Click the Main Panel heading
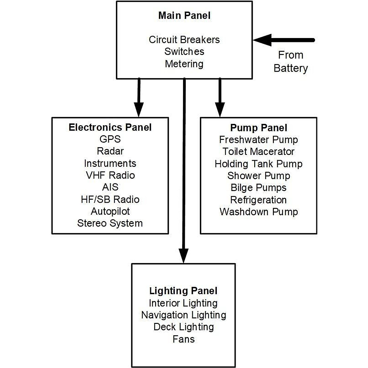(184, 16)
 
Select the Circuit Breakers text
(184, 40)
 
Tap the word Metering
(184, 64)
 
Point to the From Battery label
(290, 61)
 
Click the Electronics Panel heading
(110, 127)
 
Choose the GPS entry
(110, 139)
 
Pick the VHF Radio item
(110, 175)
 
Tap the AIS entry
(110, 187)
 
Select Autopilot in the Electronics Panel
(110, 211)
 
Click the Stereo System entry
(110, 223)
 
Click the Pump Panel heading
(259, 128)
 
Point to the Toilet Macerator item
(259, 151)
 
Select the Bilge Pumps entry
(259, 188)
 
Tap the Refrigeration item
(259, 200)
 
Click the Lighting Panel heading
(183, 291)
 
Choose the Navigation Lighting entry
(183, 315)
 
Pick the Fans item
(183, 339)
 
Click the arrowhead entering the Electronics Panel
(139, 110)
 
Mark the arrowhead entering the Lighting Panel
(183, 256)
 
